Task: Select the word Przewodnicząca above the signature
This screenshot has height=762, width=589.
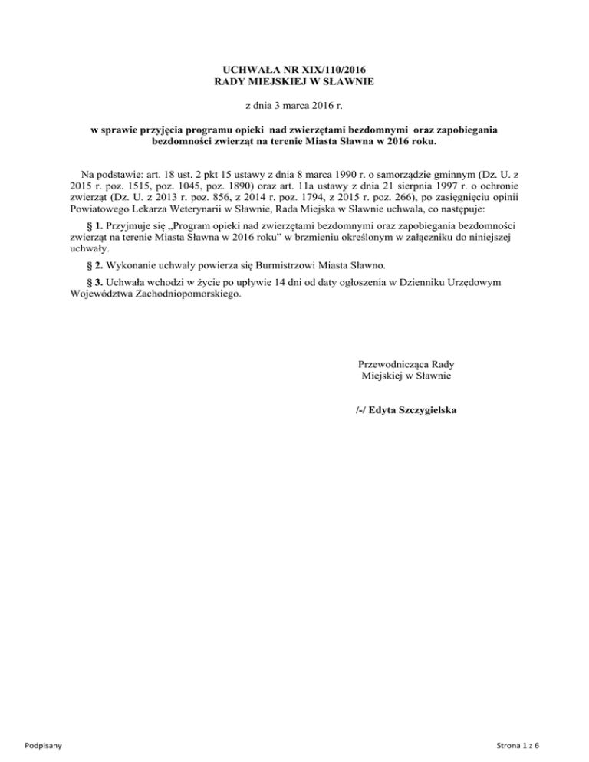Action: coord(393,365)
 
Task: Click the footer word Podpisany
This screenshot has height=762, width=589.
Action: coord(44,745)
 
